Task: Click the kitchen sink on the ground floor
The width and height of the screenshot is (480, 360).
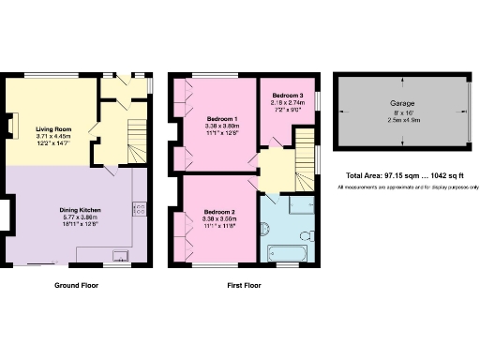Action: point(120,254)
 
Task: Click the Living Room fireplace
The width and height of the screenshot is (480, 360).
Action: point(12,126)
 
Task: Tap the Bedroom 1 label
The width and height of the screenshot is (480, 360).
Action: point(222,118)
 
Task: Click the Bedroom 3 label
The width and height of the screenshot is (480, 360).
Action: point(287,95)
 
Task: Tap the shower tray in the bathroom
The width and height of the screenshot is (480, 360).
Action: point(301,208)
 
